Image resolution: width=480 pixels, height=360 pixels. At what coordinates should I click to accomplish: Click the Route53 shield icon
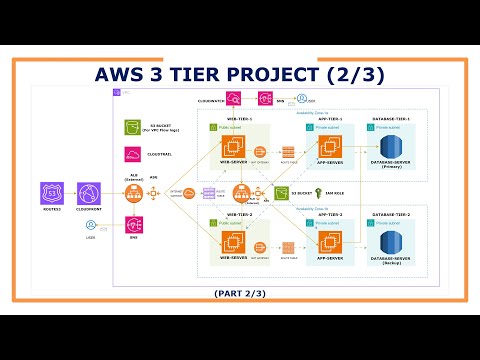coord(51,194)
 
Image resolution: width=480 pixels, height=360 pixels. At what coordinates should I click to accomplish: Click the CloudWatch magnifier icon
coord(234,98)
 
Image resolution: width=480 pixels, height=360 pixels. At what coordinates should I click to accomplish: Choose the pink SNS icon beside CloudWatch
coord(265,98)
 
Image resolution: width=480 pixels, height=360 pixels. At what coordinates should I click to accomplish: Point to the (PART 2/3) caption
coord(241,292)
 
